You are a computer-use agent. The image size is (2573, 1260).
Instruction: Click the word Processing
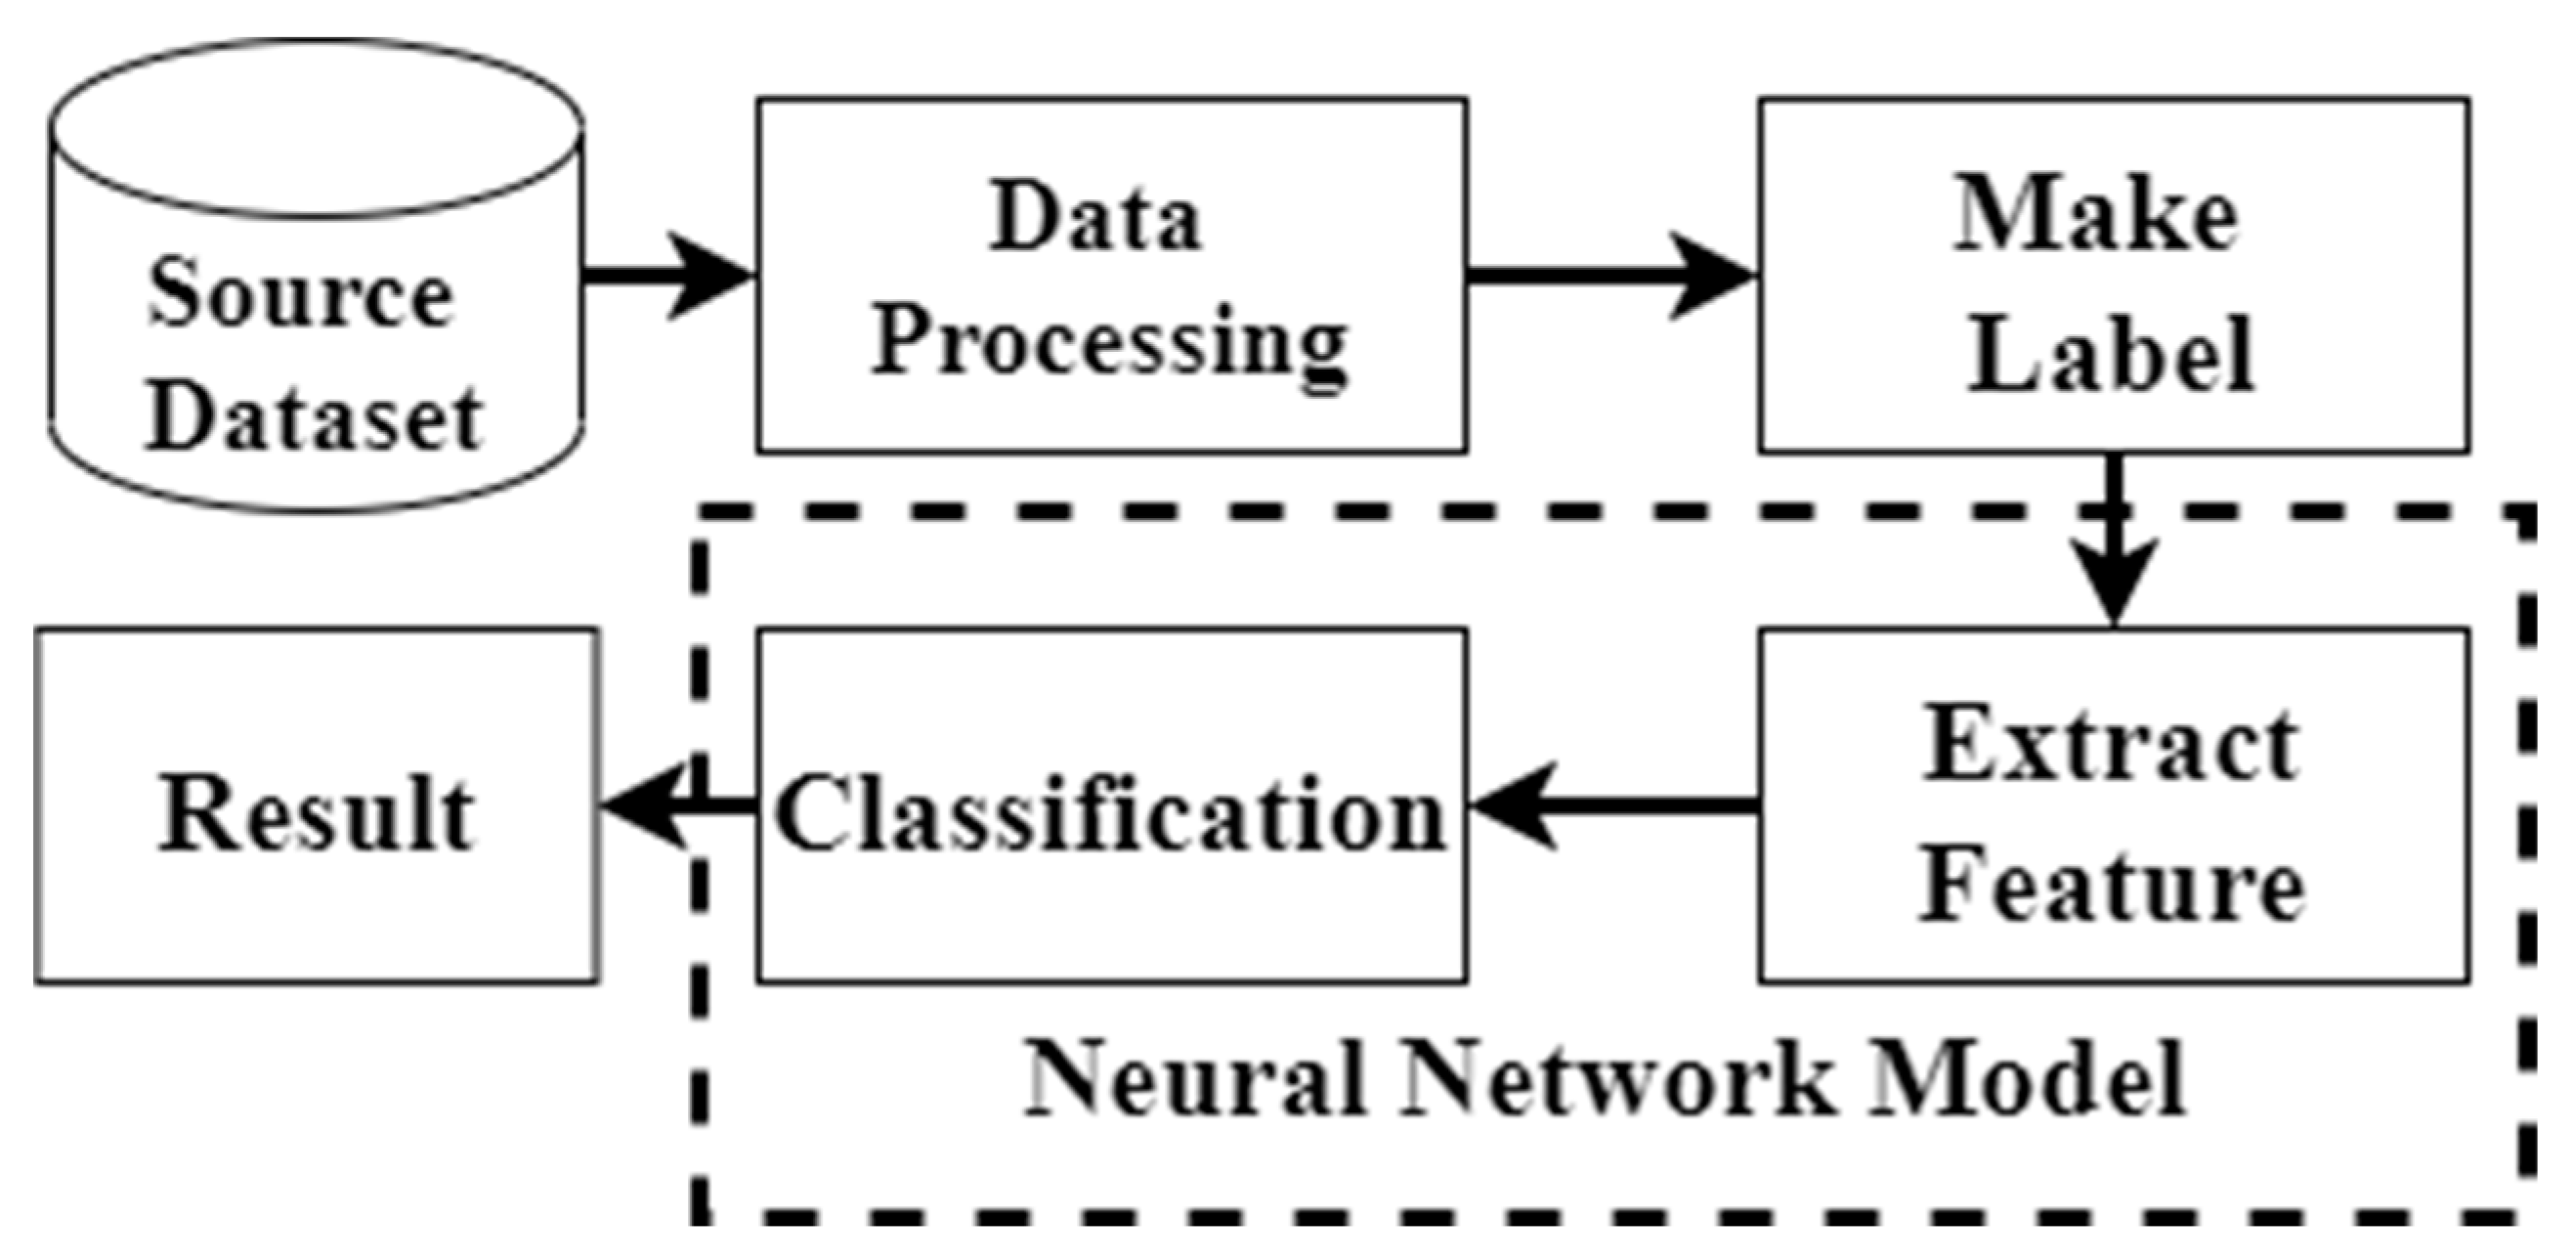point(1110,345)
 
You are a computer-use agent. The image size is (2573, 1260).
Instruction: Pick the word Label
point(2110,355)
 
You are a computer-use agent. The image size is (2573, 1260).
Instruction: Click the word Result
point(316,813)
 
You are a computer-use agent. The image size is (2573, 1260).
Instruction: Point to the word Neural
point(1194,1080)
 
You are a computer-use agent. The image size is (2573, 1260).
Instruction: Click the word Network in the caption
point(1618,1080)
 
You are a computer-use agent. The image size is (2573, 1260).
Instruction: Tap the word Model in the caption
point(2028,1080)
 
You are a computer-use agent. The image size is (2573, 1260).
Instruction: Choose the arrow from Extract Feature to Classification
point(1613,805)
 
